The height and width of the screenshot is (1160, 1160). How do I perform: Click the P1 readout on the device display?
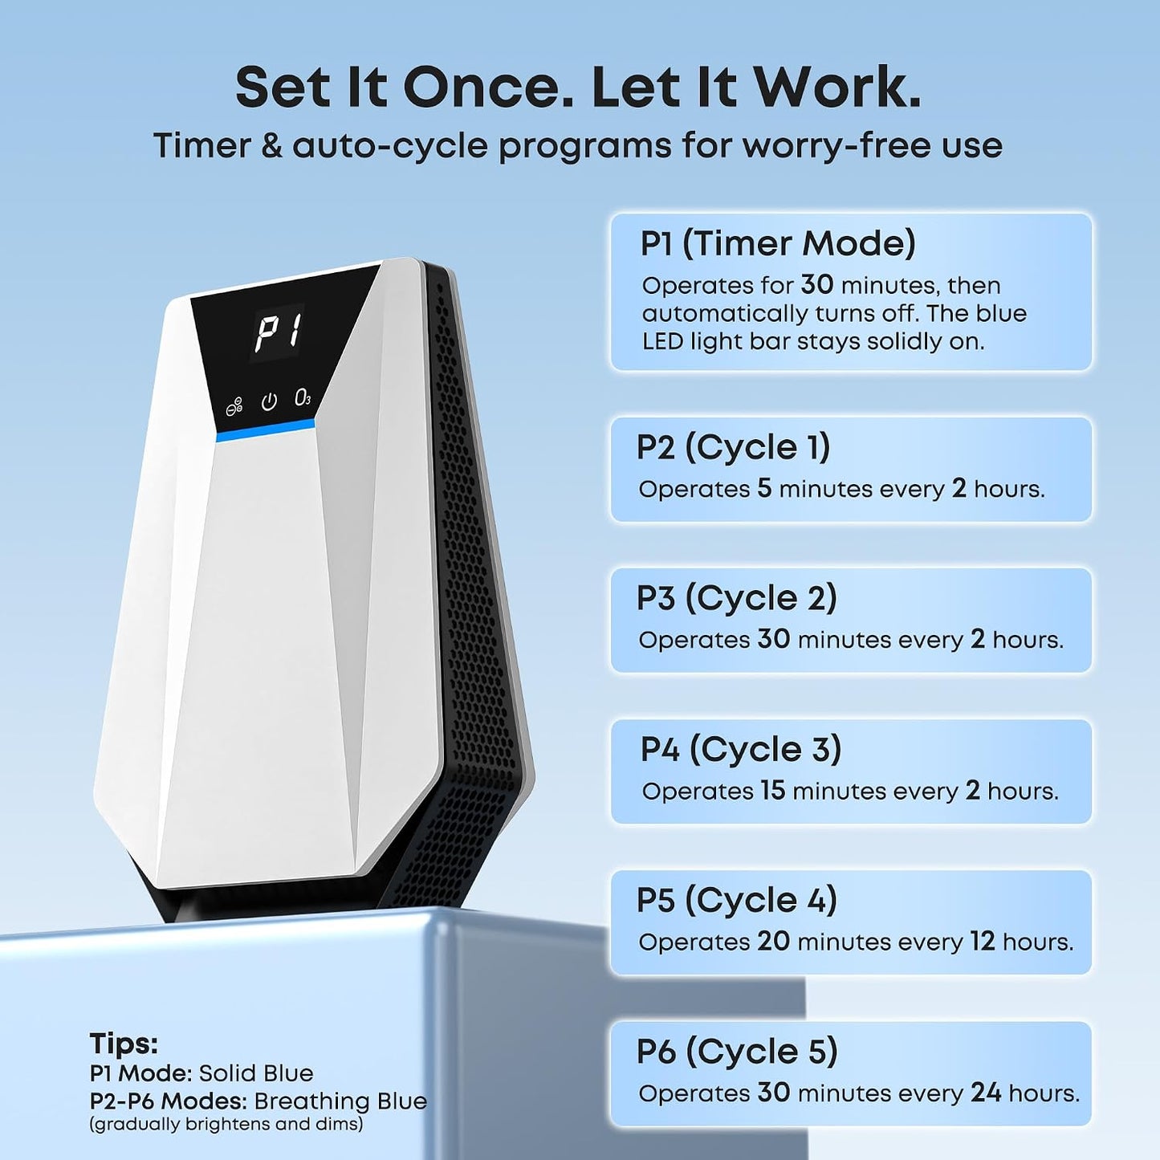coord(278,332)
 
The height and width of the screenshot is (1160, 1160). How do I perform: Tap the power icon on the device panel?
coord(269,401)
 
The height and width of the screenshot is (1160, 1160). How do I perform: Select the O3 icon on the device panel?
coord(303,398)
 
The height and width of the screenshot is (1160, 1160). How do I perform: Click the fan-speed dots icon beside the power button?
coord(234,407)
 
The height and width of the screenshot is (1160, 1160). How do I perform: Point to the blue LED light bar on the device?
coord(266,430)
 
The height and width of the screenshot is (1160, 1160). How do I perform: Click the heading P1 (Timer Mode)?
coord(778,244)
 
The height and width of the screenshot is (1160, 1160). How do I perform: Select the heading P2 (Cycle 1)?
coord(733,448)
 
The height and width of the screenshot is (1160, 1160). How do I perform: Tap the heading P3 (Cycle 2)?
coord(737,599)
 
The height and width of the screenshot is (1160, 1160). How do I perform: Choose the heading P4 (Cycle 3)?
coord(741,750)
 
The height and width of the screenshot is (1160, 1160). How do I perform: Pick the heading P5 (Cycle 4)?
coord(737,902)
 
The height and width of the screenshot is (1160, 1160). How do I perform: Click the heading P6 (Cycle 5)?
coord(738,1052)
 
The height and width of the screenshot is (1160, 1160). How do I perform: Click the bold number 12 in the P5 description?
coord(983,942)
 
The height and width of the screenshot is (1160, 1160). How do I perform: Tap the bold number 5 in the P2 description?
coord(764,488)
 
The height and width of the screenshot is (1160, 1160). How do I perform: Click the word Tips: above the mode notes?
coord(124,1044)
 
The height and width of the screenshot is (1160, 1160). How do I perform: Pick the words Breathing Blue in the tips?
coord(340,1101)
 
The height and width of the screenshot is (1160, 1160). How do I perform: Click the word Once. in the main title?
coord(489,88)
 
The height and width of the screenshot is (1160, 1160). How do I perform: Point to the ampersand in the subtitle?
coord(272,147)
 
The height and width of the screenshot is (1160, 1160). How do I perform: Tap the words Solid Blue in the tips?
coord(256,1073)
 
